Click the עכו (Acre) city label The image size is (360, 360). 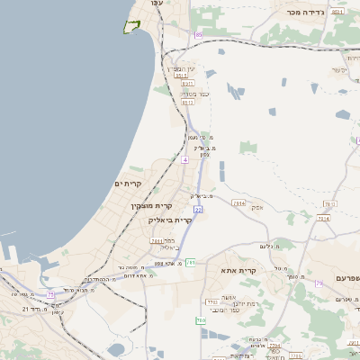point(157,4)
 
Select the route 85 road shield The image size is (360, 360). point(198,34)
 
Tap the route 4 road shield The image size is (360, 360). point(184,159)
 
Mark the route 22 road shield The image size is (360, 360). point(198,209)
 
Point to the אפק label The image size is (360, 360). point(257,207)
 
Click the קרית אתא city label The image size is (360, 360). point(238,270)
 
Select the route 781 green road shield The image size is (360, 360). point(190,263)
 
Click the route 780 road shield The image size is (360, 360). point(201,319)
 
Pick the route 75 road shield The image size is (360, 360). point(51,294)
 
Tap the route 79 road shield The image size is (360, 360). point(319,283)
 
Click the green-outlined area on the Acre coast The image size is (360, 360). point(132,26)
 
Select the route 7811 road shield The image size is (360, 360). point(157,241)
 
